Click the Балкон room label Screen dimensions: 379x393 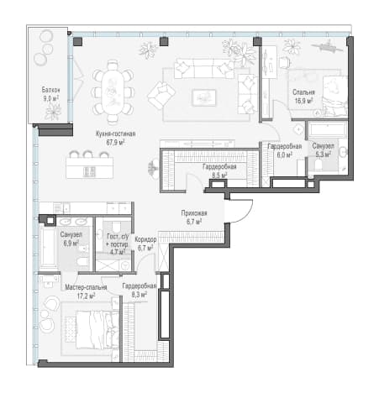[x=50, y=90]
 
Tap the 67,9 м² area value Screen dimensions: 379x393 [x=115, y=142]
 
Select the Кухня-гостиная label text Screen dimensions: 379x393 [x=115, y=134]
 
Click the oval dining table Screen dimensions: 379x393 [x=113, y=92]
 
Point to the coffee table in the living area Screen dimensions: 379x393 [x=204, y=97]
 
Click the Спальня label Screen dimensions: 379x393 [x=303, y=92]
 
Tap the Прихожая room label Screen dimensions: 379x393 [x=194, y=213]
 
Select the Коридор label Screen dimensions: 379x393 [x=145, y=239]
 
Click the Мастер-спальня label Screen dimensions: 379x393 [x=86, y=287]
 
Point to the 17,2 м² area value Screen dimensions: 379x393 [x=86, y=296]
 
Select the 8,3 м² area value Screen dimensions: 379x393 [x=139, y=295]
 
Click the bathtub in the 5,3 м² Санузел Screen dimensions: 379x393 [x=327, y=129]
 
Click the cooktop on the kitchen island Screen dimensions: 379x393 [x=89, y=172]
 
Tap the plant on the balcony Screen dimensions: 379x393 [x=53, y=112]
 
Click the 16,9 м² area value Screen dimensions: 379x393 [x=303, y=101]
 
